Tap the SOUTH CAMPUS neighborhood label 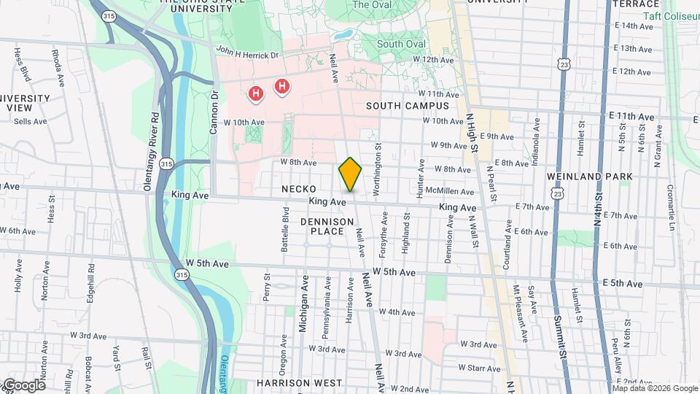pyautogui.click(x=408, y=106)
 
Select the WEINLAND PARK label pyautogui.click(x=582, y=177)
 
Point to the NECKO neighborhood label pyautogui.click(x=299, y=189)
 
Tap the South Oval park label pyautogui.click(x=401, y=44)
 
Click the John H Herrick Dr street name pyautogui.click(x=246, y=53)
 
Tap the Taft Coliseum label pyautogui.click(x=672, y=15)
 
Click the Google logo pyautogui.click(x=23, y=385)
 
